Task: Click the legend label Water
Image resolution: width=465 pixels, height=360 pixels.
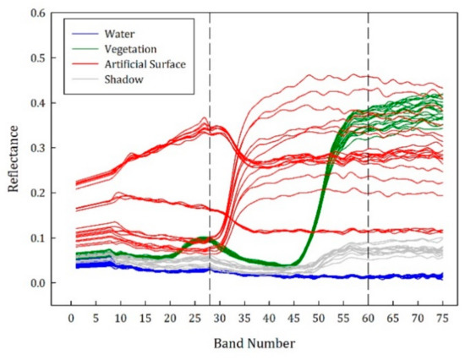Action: [120, 35]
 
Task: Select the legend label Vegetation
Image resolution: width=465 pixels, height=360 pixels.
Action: [130, 49]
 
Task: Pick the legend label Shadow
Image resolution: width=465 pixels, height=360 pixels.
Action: [123, 79]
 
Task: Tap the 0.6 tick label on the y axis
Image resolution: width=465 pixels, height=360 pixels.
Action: [35, 14]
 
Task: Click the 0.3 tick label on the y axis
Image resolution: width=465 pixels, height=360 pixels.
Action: [35, 148]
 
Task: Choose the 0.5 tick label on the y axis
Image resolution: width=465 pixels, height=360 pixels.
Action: [35, 58]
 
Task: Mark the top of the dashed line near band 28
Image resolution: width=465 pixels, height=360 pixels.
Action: [210, 14]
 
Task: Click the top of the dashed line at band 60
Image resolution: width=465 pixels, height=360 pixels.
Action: [368, 14]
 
